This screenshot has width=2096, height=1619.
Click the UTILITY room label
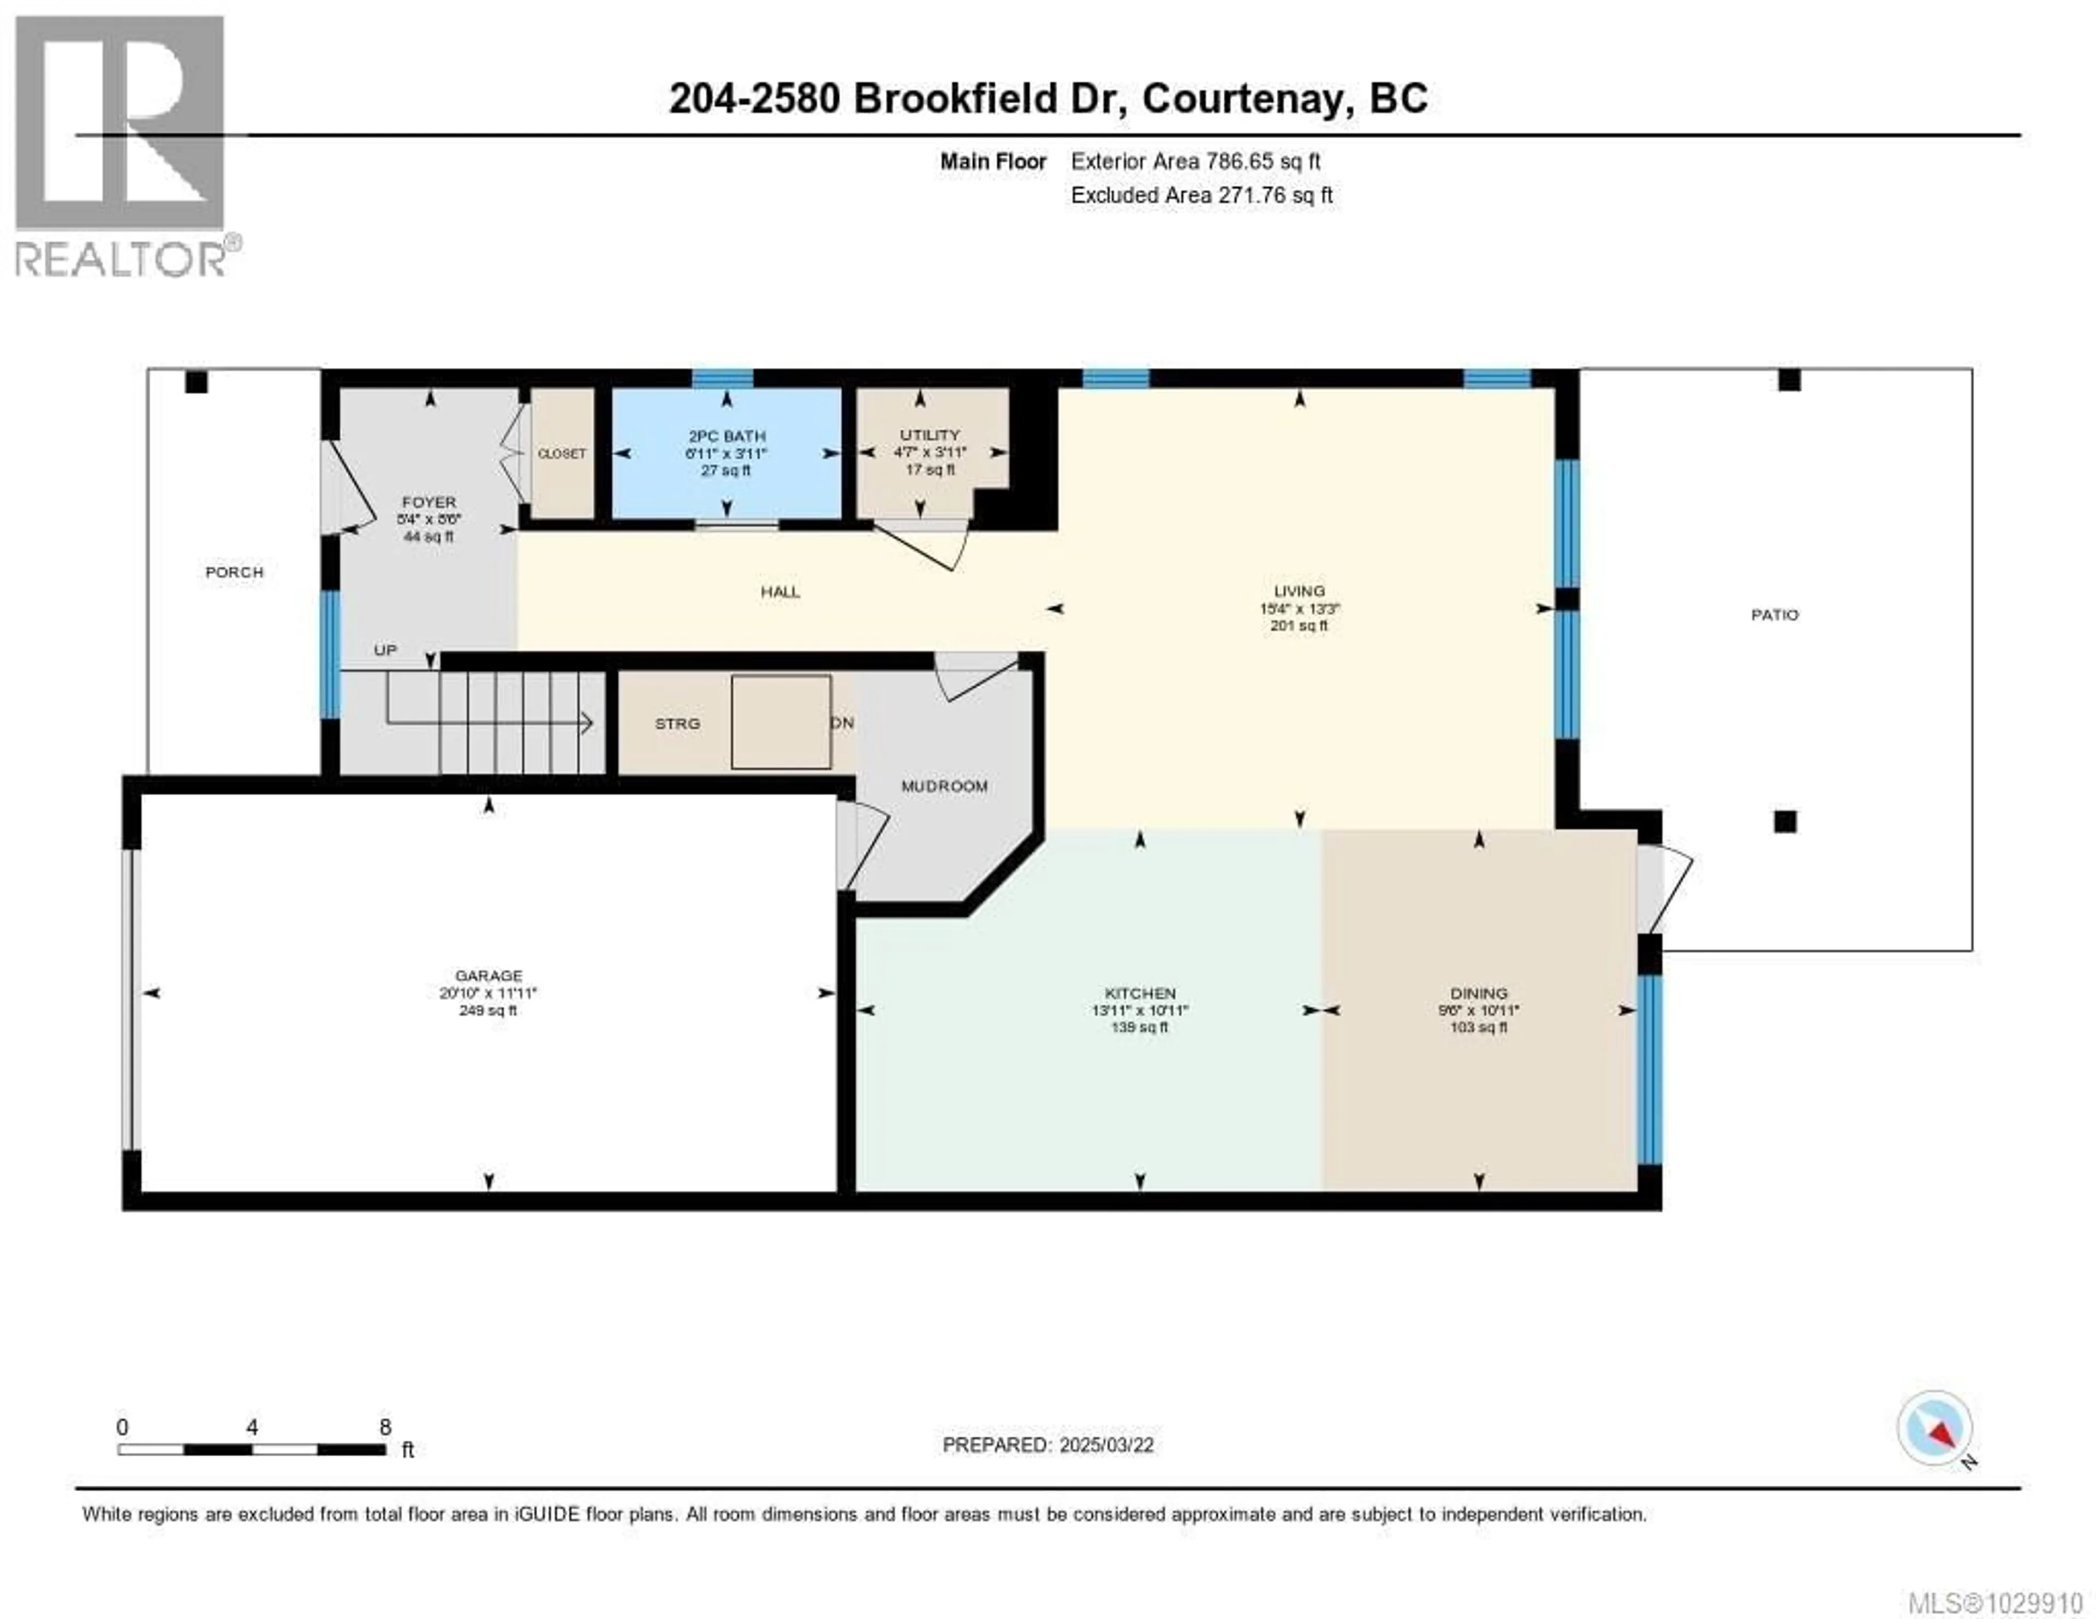(929, 434)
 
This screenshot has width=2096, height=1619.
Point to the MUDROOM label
(944, 786)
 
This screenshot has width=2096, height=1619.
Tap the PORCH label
(234, 572)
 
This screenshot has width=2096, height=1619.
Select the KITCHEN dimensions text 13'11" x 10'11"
(1140, 1010)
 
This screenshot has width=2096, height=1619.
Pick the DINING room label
(1479, 993)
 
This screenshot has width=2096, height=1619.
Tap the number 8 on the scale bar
(385, 1427)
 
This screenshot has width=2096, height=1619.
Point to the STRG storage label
(677, 724)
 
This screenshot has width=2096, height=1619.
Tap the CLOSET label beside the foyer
(562, 454)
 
